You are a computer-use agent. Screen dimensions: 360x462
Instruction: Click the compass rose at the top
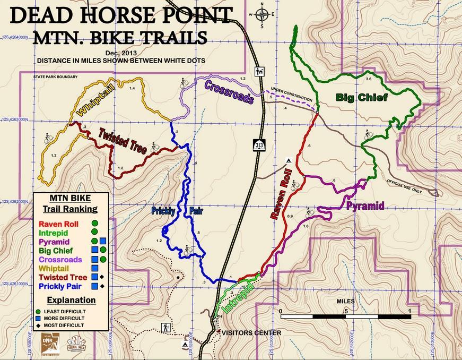pyautogui.click(x=261, y=14)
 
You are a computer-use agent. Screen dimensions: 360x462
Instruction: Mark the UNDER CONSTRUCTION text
pyautogui.click(x=291, y=91)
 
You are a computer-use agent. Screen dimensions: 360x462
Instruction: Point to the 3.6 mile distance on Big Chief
pyautogui.click(x=369, y=79)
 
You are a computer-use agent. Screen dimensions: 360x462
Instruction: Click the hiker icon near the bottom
pyautogui.click(x=166, y=328)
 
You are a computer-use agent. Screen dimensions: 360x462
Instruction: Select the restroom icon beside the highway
pyautogui.click(x=259, y=70)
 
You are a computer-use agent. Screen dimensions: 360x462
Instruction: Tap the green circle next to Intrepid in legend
pyautogui.click(x=94, y=232)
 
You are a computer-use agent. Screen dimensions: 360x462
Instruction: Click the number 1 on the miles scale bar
pyautogui.click(x=410, y=310)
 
